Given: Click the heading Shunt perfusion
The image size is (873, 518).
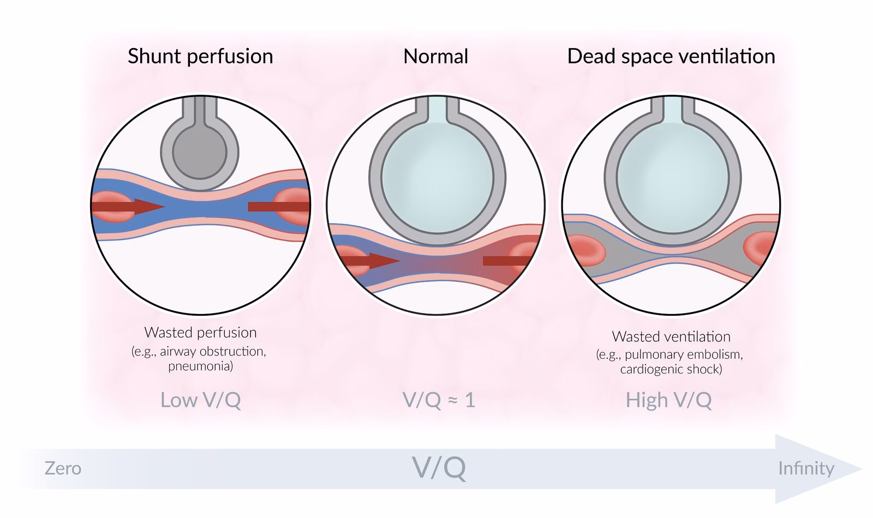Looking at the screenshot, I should tap(200, 57).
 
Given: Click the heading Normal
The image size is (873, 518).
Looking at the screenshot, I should tap(435, 57).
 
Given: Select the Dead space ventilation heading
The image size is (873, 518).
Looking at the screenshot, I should tap(671, 57).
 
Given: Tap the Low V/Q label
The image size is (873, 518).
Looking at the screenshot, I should tap(200, 400).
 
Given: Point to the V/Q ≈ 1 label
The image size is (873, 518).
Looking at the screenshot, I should tap(439, 400).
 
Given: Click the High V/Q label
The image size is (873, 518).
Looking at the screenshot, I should tap(668, 400).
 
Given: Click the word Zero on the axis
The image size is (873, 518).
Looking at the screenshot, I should tap(63, 468).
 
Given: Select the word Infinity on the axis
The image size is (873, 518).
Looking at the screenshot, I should tap(806, 468).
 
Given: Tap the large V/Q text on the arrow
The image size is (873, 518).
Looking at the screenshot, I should tap(439, 468).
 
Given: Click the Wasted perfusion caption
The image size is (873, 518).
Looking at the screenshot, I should tap(200, 333).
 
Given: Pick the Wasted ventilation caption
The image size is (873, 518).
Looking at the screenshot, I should tap(671, 336).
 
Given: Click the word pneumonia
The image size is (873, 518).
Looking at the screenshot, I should tap(200, 366).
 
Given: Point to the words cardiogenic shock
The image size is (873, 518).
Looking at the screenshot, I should tap(671, 369).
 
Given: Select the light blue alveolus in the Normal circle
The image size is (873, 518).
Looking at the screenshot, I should tap(436, 174).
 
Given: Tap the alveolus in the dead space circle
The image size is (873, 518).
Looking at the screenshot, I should tap(672, 174).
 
